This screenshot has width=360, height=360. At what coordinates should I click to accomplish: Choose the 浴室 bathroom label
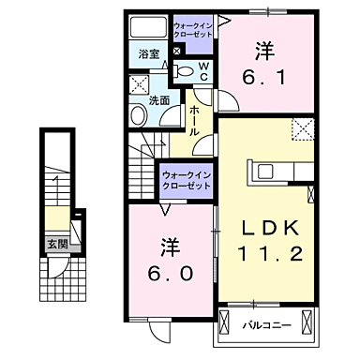pos(148,54)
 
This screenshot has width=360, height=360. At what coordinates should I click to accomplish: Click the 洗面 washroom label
pos(158,99)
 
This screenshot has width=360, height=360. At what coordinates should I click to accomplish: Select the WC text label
pos(202,70)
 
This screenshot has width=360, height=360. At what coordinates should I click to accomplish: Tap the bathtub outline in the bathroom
pos(148,25)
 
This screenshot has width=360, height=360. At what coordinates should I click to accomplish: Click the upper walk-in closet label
pos(193,25)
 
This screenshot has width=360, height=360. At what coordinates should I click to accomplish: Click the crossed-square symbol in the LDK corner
pos(301,129)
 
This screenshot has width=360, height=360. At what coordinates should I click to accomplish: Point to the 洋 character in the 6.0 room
pos(170,247)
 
